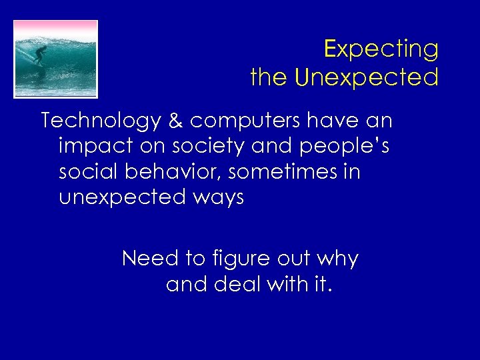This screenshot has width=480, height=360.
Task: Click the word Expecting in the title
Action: point(381,49)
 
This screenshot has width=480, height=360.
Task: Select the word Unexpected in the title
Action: point(367,78)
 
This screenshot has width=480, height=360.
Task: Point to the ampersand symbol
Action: point(175,121)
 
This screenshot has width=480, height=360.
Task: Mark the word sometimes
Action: point(286,172)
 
